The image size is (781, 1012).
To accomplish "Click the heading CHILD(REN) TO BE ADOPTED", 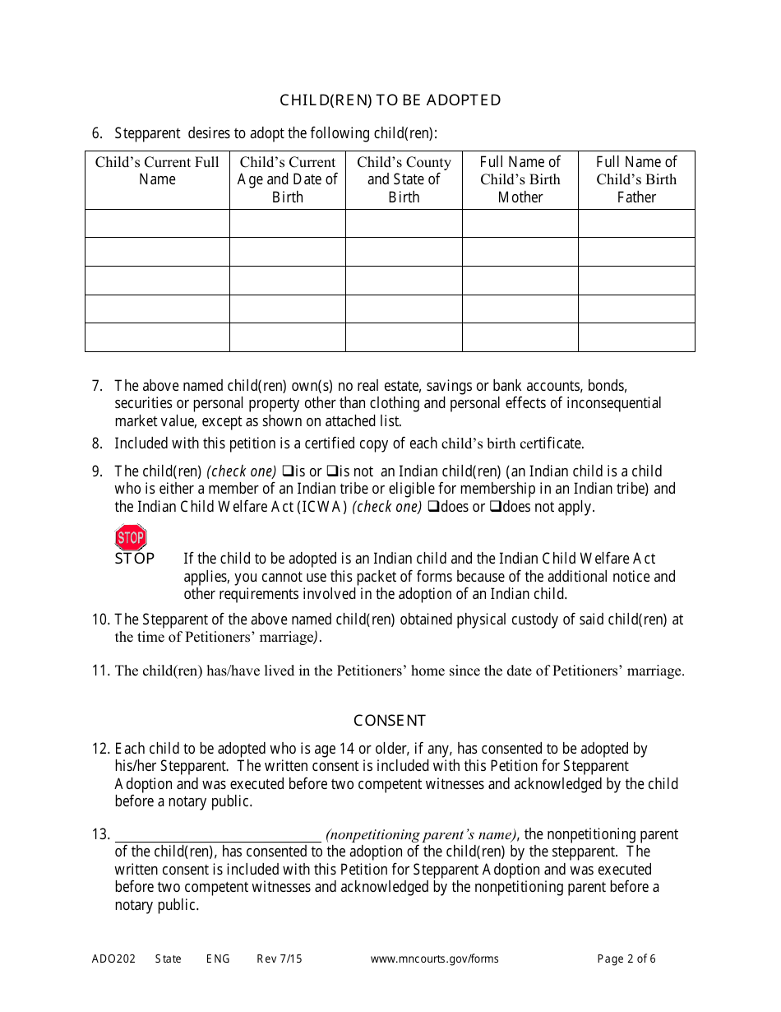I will [x=390, y=100].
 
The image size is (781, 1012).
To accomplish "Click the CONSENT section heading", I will [x=390, y=721].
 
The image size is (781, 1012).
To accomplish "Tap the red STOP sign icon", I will [x=131, y=538].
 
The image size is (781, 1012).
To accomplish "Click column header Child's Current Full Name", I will [x=157, y=171].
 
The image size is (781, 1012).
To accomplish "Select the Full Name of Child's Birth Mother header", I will [x=520, y=179].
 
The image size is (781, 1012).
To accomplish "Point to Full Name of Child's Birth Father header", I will [x=636, y=179].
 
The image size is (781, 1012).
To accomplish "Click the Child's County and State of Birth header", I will [x=404, y=179].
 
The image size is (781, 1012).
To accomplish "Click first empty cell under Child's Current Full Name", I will [x=157, y=223].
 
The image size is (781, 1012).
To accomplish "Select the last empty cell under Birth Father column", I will [x=636, y=337].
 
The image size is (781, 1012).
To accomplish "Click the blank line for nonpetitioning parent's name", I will [x=218, y=834].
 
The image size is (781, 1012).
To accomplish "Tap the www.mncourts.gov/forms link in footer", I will [x=434, y=959].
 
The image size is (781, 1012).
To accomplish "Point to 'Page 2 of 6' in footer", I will [x=626, y=959].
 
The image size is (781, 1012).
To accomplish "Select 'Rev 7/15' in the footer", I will [x=280, y=959].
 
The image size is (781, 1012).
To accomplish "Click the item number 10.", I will [x=100, y=620].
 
